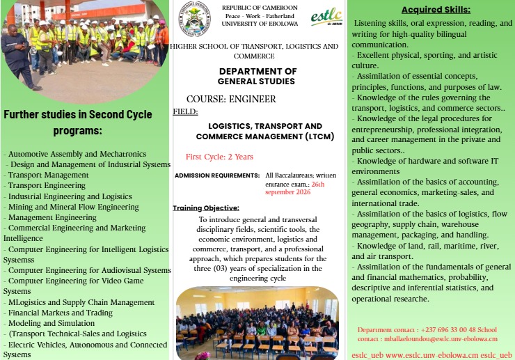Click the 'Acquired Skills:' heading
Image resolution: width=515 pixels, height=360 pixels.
(436, 10)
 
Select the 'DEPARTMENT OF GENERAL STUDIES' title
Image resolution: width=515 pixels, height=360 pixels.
(257, 77)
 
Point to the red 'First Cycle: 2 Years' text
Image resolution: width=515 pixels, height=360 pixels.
(219, 157)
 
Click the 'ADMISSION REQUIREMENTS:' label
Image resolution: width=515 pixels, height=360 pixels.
(216, 175)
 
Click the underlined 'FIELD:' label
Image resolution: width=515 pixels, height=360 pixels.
(185, 111)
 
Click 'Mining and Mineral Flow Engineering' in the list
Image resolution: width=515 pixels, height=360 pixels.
(73, 207)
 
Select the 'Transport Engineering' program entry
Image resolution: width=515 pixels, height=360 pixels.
(47, 185)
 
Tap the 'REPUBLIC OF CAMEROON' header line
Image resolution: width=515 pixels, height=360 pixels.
(260, 7)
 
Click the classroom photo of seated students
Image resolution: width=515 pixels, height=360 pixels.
(257, 322)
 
